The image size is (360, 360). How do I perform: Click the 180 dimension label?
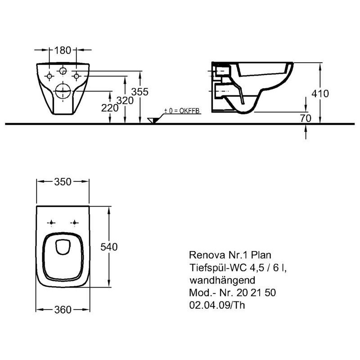63,50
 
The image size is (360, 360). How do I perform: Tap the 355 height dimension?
140,92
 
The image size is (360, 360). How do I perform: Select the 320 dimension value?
125,100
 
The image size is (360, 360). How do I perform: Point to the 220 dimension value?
110,108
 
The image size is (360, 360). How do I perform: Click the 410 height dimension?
320,94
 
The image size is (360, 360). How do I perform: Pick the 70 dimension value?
306,118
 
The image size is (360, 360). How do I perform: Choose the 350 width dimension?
63,182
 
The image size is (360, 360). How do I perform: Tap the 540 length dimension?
109,247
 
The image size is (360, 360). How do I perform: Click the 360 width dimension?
63,310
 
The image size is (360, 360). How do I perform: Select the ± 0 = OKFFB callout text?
182,111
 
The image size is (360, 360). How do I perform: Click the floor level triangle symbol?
153,120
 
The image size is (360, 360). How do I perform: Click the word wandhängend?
222,280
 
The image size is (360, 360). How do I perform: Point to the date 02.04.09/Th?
217,305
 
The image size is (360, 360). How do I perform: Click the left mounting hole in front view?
49,76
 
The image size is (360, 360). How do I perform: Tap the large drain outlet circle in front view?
63,91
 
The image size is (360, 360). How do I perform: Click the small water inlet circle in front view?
63,71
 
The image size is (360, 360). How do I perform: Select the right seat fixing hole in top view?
74,222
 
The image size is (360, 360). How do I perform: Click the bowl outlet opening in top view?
63,247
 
